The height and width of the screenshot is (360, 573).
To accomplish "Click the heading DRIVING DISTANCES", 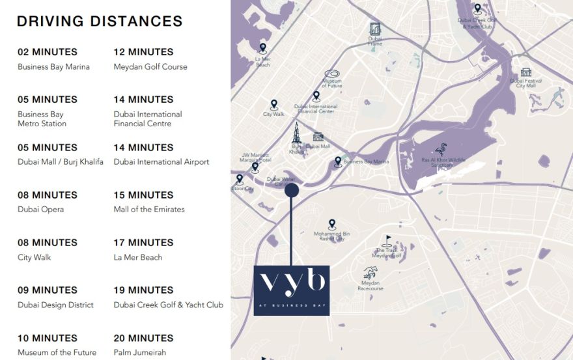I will tap(100, 21).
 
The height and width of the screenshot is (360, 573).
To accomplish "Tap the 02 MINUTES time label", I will tap(48, 52).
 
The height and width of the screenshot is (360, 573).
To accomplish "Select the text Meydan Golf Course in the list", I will tap(150, 66).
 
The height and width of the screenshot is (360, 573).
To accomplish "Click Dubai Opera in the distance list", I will tap(40, 210).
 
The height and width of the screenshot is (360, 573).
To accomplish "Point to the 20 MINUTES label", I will tap(143, 338).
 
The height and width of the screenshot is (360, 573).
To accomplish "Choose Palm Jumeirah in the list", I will tap(140, 353).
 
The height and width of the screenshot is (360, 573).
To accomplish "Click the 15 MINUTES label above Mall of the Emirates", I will tap(143, 195).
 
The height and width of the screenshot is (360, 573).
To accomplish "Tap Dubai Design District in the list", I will tap(55, 305).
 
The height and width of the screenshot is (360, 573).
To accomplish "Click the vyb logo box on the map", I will tap(291, 290).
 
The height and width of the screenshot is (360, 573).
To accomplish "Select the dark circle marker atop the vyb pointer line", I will tap(292, 190).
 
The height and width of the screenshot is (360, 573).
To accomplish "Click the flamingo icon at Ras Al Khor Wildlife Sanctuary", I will tap(440, 150).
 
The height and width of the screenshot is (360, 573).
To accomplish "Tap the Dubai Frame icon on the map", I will tap(375, 29).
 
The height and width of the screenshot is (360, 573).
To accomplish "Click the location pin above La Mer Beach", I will tap(262, 48).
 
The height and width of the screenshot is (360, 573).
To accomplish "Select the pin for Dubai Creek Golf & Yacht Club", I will tap(477, 8).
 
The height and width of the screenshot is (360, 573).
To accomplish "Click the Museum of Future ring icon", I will tap(332, 75).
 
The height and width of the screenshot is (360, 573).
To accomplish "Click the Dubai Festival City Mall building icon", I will tap(525, 72).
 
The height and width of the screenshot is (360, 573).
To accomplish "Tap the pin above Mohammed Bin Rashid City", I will tap(332, 223).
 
